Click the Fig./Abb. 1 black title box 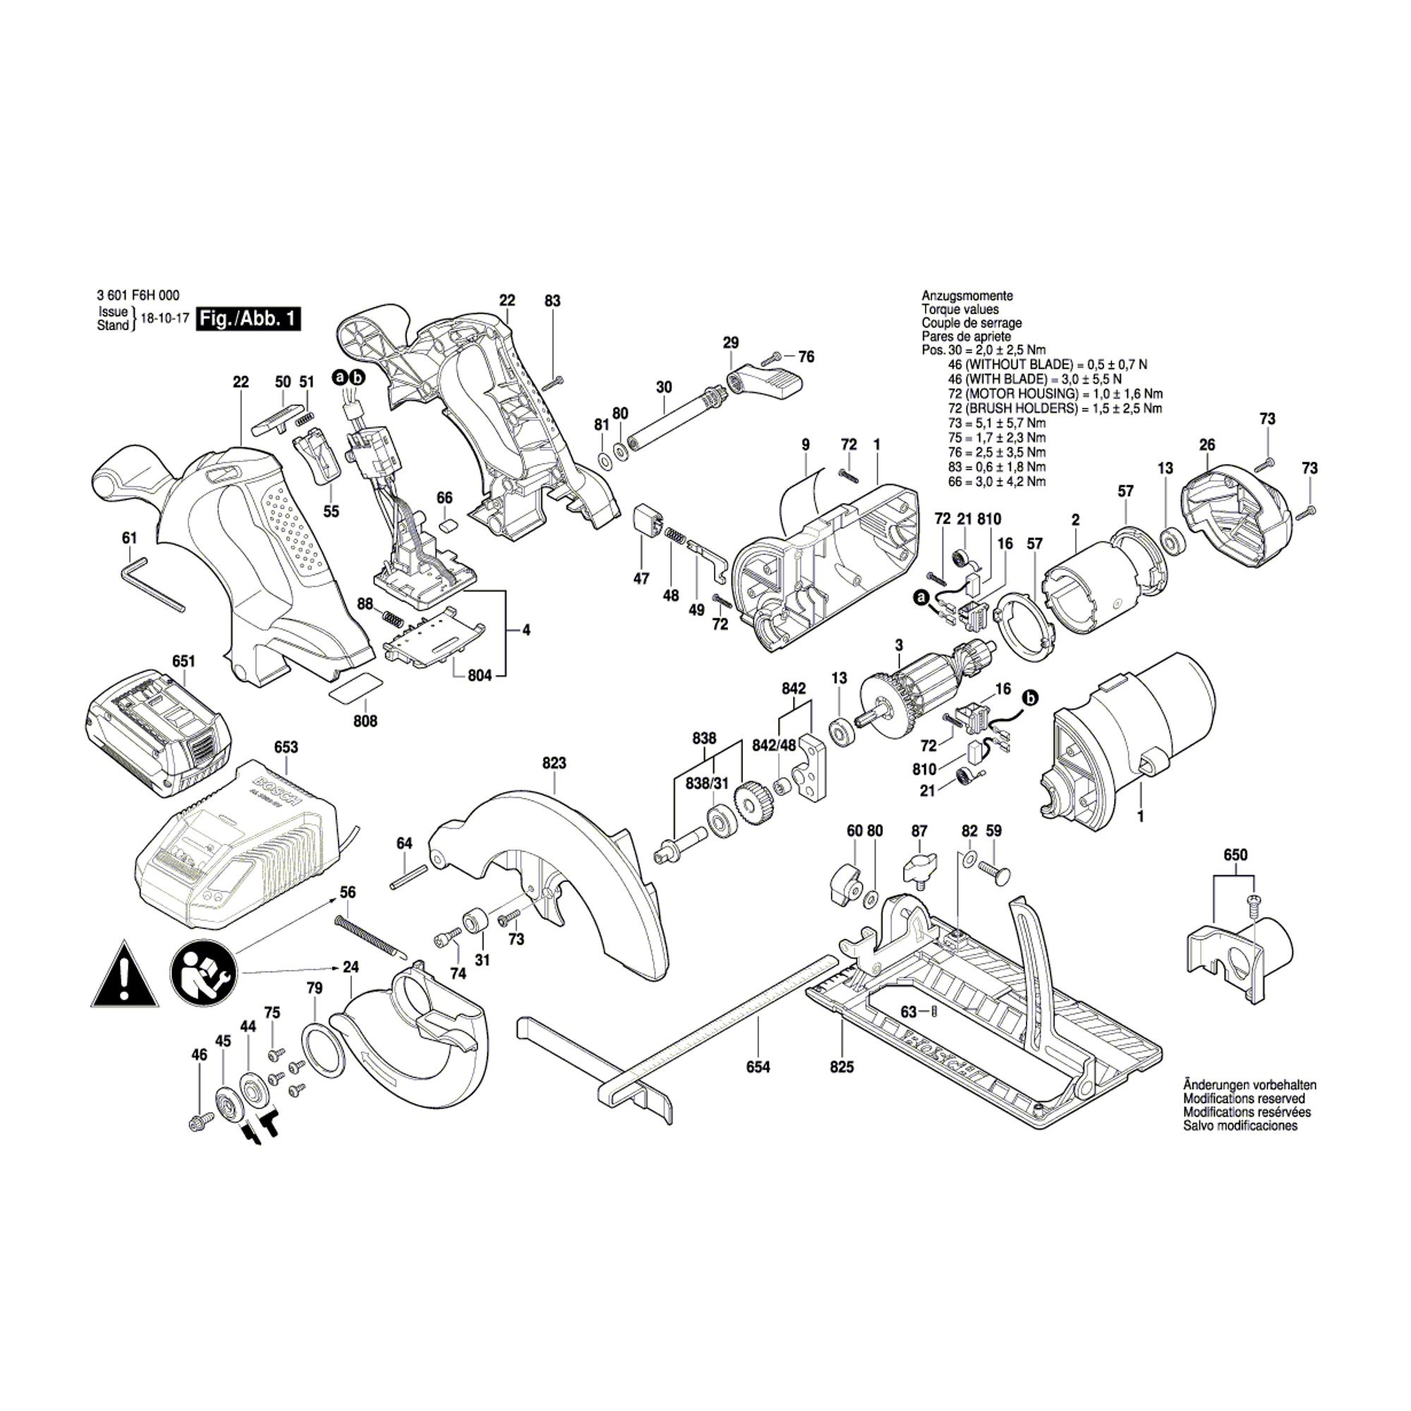(x=248, y=320)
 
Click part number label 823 (x=555, y=763)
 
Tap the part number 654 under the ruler (x=758, y=1067)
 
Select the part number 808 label (x=365, y=722)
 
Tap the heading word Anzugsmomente (x=967, y=296)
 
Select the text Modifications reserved (x=1244, y=1098)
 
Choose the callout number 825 (x=842, y=1067)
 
